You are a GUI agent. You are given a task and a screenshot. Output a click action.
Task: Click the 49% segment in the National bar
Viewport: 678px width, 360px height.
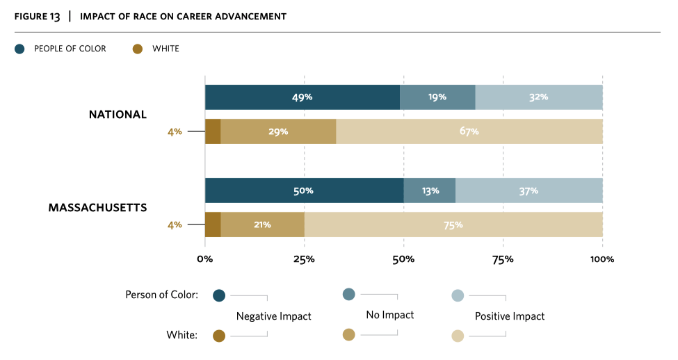(302, 97)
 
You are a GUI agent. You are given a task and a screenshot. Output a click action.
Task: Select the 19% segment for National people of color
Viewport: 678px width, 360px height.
(437, 97)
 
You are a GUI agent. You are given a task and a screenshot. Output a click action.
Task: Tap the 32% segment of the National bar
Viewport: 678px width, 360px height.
(538, 97)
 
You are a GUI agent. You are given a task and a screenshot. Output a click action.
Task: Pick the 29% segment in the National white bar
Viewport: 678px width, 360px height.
(278, 131)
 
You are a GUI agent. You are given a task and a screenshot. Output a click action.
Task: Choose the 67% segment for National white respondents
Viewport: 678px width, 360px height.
(469, 131)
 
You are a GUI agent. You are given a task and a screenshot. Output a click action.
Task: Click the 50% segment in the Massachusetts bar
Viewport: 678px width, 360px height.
(304, 190)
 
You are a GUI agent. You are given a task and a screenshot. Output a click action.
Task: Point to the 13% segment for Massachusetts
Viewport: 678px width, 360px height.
(430, 190)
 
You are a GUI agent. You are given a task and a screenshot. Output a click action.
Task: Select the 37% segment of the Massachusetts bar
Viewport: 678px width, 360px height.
(528, 190)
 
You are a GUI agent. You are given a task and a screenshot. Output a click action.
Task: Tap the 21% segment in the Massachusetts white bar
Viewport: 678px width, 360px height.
(262, 224)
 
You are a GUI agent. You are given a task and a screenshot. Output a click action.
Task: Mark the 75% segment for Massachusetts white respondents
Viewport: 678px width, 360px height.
(453, 224)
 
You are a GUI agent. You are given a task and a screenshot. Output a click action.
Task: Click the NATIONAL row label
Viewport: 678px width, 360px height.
(118, 115)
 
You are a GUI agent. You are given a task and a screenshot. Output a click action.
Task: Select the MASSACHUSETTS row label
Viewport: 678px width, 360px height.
(97, 208)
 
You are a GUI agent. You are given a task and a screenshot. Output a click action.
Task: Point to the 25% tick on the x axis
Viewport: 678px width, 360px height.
(304, 259)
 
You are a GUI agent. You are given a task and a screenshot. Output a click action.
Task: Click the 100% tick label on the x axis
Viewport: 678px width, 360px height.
(602, 259)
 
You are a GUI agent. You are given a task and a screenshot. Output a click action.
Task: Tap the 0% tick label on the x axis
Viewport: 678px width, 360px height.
(204, 259)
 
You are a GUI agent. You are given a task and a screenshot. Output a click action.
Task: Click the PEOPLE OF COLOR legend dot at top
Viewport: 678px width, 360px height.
(19, 49)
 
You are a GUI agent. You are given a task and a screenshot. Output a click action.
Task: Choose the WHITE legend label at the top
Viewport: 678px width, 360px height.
(166, 49)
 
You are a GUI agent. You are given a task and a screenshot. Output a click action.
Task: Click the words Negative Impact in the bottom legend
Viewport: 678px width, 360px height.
(273, 316)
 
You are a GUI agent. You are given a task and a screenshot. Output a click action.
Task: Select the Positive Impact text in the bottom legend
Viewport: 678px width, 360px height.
(510, 316)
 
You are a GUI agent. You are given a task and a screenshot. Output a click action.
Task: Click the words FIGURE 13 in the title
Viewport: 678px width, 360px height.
(37, 16)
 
